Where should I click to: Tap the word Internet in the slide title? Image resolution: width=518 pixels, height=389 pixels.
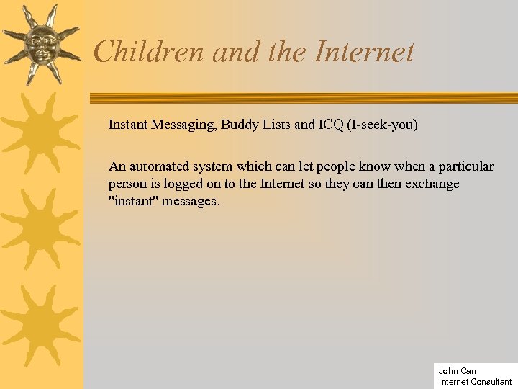(365, 51)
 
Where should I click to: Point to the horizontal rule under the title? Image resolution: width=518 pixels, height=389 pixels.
(302, 97)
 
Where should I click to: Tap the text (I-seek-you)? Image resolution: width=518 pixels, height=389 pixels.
(382, 125)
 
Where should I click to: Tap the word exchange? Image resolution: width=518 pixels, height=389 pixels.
(431, 184)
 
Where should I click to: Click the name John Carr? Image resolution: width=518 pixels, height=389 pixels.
(458, 371)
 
